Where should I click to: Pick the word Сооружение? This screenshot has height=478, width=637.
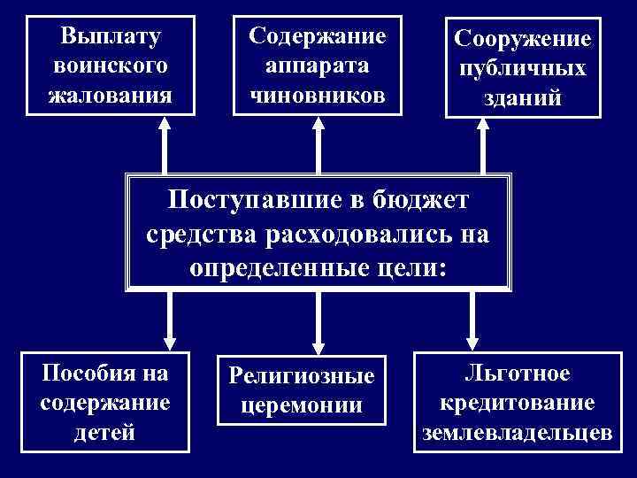tap(521, 41)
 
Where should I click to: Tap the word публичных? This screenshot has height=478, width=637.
tap(521, 69)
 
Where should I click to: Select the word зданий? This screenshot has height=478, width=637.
tap(521, 97)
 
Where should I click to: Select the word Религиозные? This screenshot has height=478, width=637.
tap(302, 377)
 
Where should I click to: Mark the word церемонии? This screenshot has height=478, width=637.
tap(302, 405)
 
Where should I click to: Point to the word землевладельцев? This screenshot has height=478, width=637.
tap(518, 432)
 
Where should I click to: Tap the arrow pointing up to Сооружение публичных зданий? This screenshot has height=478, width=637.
tap(481, 147)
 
